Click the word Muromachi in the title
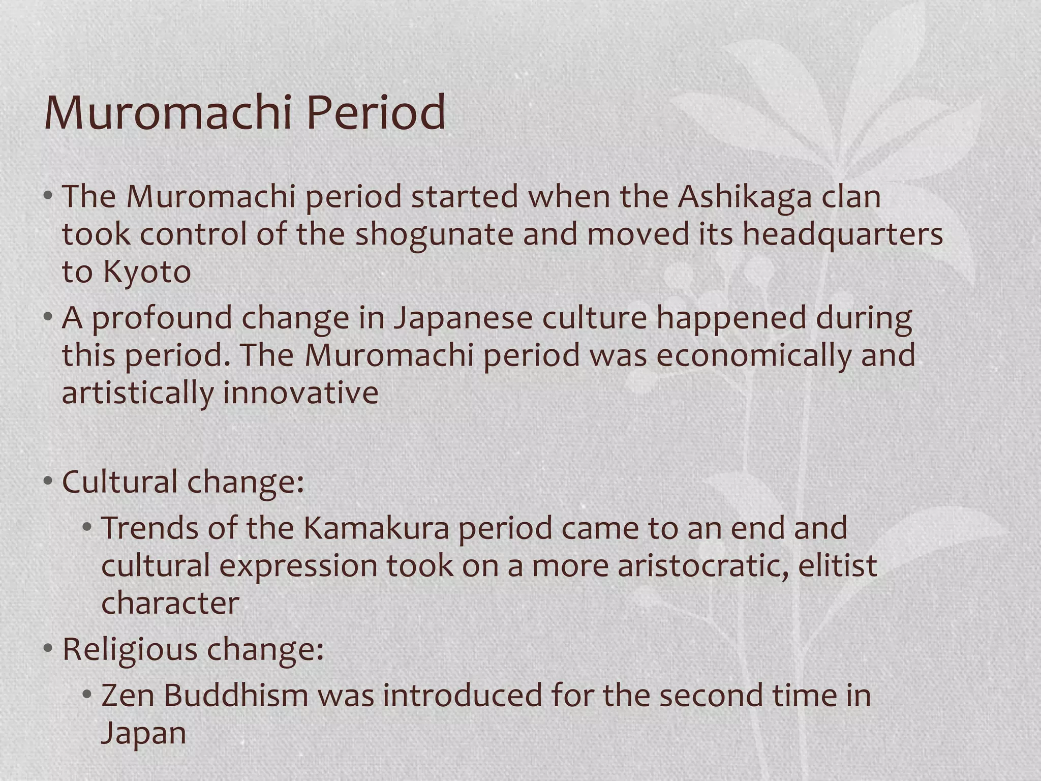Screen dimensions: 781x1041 pos(168,113)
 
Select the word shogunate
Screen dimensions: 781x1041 pos(435,235)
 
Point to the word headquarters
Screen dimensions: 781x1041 pos(842,235)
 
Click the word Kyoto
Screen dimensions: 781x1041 pos(146,272)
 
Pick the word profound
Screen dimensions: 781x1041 pos(162,319)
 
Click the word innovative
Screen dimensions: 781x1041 pos(300,393)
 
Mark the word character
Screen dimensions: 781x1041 pos(170,604)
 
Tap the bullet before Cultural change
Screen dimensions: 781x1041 pos(48,481)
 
